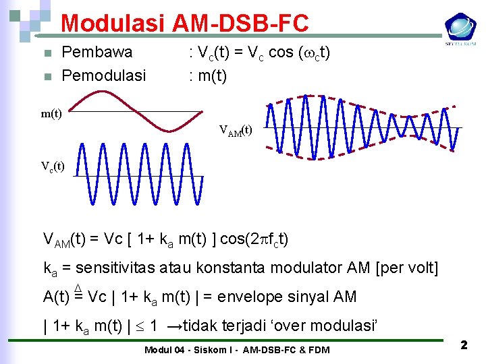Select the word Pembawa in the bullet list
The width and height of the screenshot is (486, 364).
coord(97,53)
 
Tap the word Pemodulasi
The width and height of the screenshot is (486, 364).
coord(103,75)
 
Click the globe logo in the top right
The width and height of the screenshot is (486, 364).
coord(460,28)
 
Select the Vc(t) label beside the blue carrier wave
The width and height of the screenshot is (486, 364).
coord(53,166)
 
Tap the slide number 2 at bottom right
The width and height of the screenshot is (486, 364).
coord(464,345)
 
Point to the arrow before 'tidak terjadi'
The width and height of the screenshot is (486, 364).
coord(175,326)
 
